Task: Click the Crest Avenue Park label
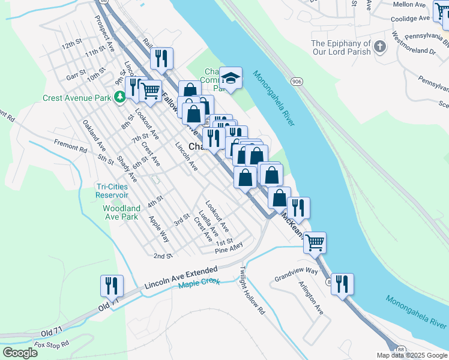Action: [x=78, y=98]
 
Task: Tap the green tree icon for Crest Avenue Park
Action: [x=120, y=95]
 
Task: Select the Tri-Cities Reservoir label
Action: [x=112, y=190]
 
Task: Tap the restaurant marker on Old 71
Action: [x=112, y=286]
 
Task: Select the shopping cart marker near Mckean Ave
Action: [x=315, y=243]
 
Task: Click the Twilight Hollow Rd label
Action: [x=252, y=291]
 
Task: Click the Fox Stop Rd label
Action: [x=52, y=344]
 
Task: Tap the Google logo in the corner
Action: [x=20, y=352]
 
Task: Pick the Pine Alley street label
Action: [x=229, y=247]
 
